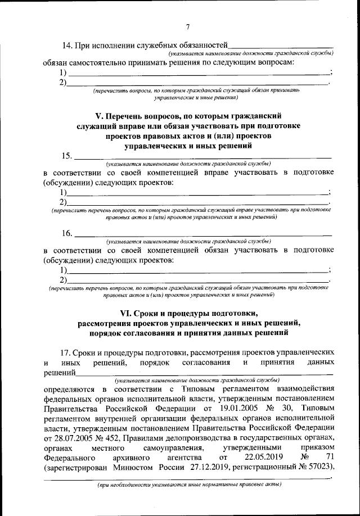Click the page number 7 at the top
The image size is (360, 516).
[188, 26]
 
